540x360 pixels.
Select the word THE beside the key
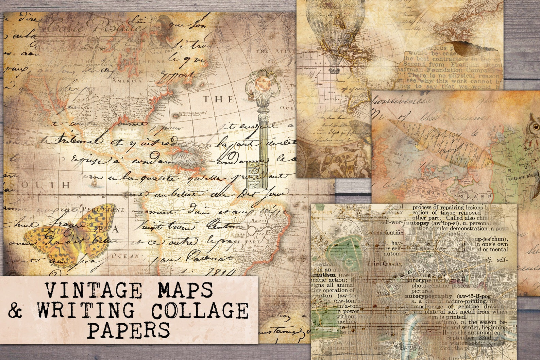(x=218, y=99)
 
